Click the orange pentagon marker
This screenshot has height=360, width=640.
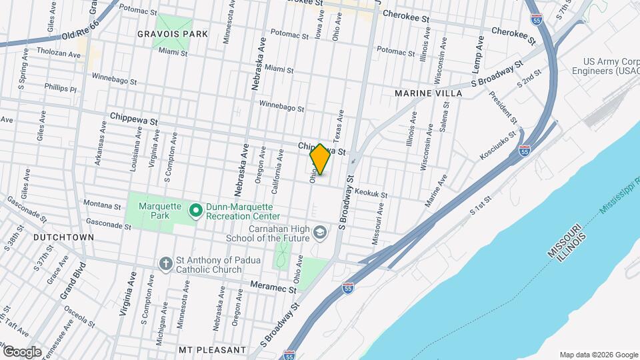(320, 160)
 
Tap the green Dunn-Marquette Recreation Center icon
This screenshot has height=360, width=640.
(195, 211)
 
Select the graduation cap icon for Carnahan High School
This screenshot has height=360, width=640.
(320, 233)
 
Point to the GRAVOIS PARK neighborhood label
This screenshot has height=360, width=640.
(172, 33)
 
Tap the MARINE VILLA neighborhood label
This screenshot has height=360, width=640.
(428, 93)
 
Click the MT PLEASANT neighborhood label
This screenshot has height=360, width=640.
(213, 349)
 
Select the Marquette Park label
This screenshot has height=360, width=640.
(160, 205)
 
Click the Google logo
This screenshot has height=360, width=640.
(22, 351)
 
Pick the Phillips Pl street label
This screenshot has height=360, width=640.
(61, 87)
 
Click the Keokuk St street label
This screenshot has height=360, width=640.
(371, 191)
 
